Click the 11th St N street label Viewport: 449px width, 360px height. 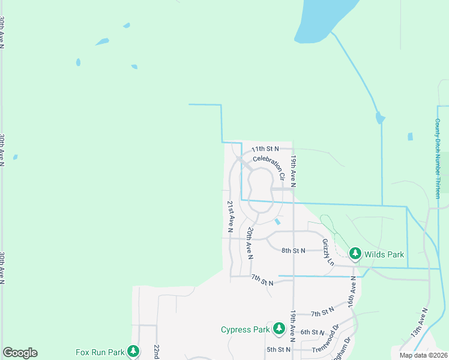click(266, 148)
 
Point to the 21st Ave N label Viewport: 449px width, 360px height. click(230, 216)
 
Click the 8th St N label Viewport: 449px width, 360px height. click(293, 250)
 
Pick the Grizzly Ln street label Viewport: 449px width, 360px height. click(327, 253)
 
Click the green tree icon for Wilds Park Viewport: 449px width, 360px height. click(355, 254)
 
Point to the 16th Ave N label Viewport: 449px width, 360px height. click(353, 293)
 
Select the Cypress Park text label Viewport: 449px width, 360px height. click(246, 329)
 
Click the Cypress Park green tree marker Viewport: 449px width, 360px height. click(279, 329)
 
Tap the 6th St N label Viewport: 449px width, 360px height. click(313, 332)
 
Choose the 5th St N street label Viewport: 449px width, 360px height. click(279, 349)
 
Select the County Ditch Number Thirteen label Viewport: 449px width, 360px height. click(438, 158)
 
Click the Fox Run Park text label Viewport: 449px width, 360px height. click(100, 352)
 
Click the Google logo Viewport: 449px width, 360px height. click(20, 353)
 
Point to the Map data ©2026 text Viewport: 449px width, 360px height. click(423, 355)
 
